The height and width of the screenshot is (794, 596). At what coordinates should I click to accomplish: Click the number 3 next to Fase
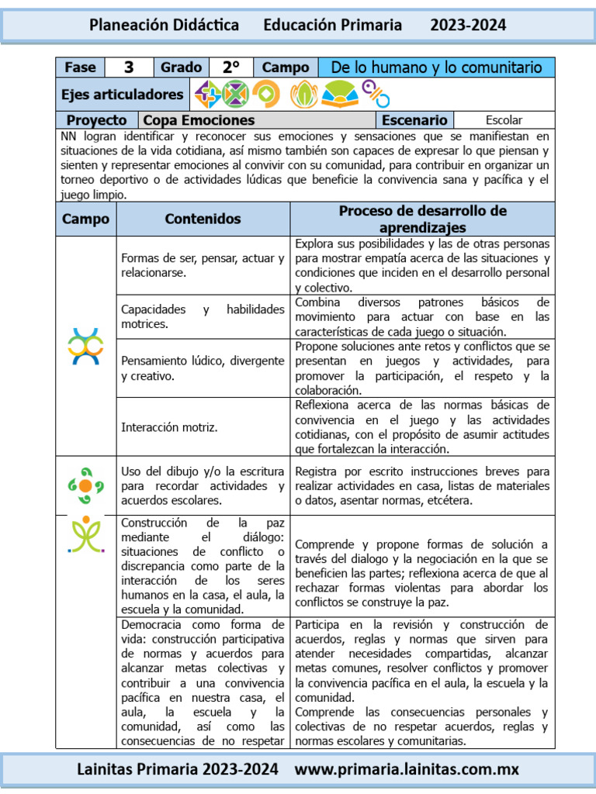130,67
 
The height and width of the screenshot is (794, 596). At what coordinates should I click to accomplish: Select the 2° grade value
230,67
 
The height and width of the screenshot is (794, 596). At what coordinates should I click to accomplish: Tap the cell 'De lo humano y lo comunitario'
436,67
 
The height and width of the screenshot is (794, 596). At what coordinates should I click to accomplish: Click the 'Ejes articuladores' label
123,95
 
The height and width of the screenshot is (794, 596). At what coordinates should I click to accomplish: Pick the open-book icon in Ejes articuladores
339,95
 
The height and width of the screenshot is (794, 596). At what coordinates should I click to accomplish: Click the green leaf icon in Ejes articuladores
303,95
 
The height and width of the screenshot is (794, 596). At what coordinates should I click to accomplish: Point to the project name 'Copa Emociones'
199,120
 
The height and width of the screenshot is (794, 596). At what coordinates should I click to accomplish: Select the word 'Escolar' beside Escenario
504,120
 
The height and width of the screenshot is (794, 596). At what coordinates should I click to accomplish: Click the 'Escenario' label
414,120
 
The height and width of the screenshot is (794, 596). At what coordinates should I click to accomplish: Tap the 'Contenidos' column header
203,219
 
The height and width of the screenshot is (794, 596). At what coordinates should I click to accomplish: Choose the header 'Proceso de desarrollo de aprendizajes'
422,219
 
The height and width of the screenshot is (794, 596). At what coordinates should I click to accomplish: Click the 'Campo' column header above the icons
86,219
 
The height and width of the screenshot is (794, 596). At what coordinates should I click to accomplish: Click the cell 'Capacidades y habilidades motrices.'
203,316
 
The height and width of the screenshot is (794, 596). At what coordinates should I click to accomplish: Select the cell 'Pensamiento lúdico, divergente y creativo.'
203,368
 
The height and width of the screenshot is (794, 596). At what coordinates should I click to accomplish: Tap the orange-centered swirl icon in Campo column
86,486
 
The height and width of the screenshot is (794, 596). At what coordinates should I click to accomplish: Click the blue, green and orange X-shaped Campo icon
86,347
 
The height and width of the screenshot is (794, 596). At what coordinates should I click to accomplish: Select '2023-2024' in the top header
468,25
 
